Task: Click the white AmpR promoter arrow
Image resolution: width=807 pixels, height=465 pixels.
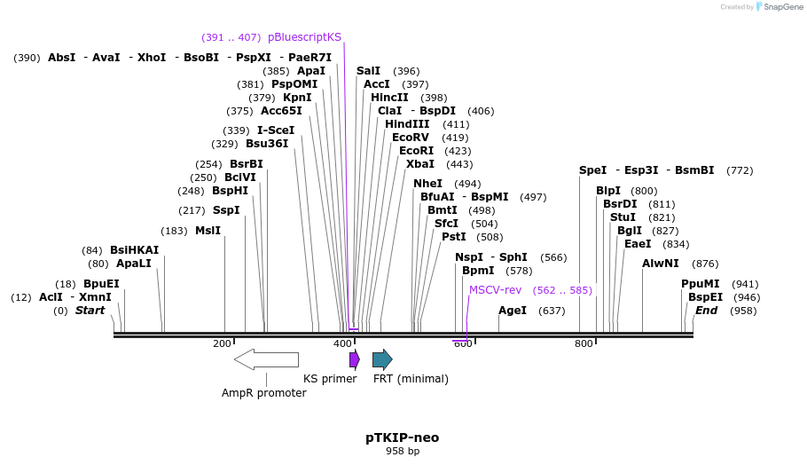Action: pos(266,359)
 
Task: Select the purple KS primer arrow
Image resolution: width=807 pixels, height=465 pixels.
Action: pos(355,359)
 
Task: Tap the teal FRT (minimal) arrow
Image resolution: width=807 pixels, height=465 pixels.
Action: pos(382,359)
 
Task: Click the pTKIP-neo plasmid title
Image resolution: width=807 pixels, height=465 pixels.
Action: pos(403,437)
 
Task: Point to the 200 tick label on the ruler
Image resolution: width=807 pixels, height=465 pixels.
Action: pos(222,343)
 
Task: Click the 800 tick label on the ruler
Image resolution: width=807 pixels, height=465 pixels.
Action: pos(584,343)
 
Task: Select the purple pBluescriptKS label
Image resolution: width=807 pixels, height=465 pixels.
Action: pos(304,37)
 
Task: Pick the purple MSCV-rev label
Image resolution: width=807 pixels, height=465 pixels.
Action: pos(495,290)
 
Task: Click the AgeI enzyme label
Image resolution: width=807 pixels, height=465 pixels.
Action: pos(513,311)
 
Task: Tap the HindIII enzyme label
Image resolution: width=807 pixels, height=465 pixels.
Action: pos(407,124)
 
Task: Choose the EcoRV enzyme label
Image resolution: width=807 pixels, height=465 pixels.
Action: pos(411,138)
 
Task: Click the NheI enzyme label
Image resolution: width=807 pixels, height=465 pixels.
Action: pos(428,184)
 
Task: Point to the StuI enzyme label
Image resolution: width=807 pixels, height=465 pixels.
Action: pos(623,217)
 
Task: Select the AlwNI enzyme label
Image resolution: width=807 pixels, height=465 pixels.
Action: pos(661,264)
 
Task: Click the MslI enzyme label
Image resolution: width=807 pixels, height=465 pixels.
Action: pos(208,231)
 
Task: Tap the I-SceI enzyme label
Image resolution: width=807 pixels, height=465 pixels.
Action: pos(276,130)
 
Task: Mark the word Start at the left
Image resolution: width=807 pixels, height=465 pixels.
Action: pos(90,311)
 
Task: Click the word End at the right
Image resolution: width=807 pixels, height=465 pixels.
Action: pos(707,311)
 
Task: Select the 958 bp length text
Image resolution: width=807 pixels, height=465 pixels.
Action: pos(403,452)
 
